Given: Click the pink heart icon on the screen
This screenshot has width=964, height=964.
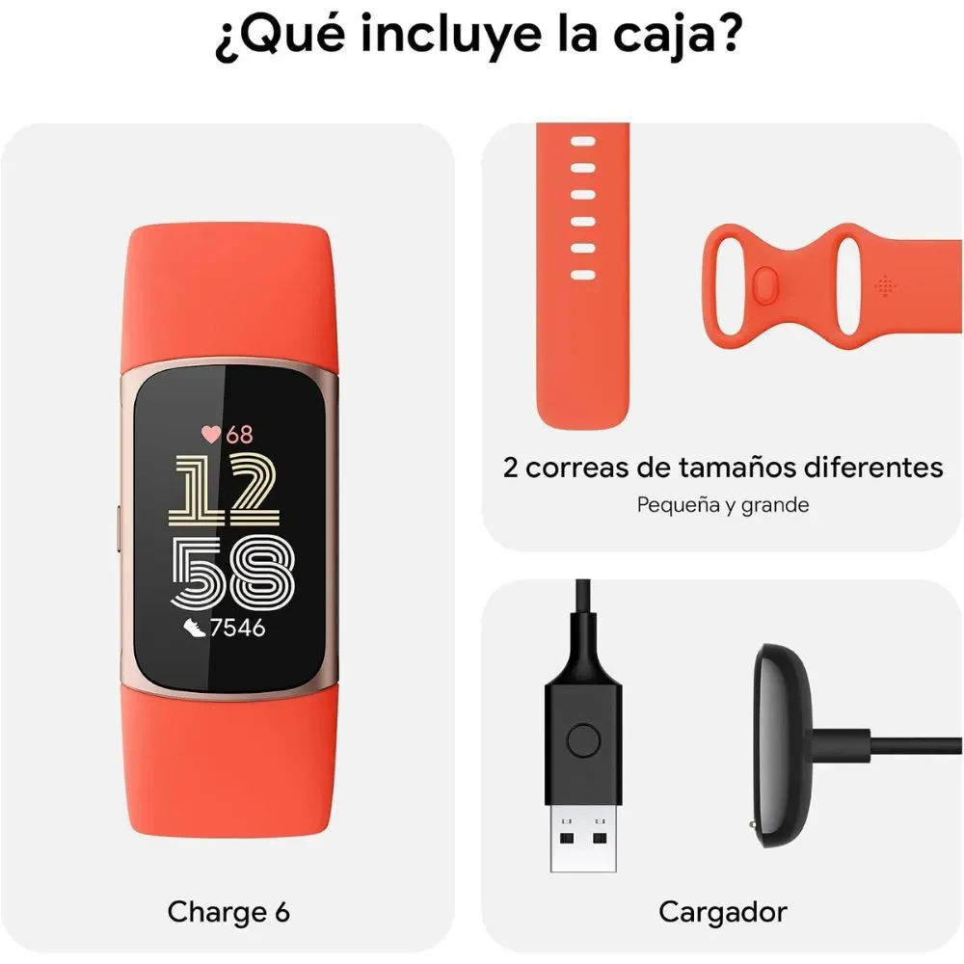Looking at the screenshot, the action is (211, 434).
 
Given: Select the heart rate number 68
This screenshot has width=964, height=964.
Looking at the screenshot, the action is (239, 434).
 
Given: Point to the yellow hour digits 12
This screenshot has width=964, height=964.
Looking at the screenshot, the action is (225, 491).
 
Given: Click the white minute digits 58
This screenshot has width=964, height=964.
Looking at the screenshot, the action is (232, 573).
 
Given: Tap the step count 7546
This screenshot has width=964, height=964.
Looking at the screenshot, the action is (237, 628).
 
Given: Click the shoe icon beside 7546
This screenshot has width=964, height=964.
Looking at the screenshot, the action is (195, 628).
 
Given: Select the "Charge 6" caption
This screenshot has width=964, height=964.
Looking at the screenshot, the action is (228, 912).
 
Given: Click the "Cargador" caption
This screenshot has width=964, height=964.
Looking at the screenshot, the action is (722, 912).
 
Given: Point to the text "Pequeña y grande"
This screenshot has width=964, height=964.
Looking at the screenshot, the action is (722, 505).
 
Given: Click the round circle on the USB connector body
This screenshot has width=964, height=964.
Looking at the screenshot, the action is (583, 740).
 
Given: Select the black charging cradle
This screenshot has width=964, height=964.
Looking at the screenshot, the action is (782, 745).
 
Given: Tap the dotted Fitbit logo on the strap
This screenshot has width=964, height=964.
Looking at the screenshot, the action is (885, 285).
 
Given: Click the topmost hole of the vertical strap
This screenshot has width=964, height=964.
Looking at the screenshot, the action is (583, 142).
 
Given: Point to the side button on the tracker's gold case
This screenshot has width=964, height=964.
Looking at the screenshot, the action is (118, 528).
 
